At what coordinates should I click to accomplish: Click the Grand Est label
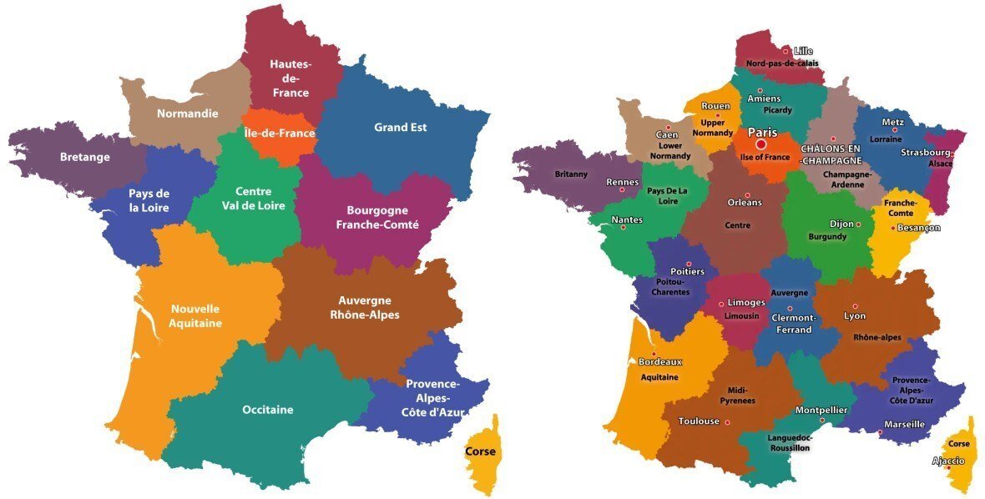click(400, 128)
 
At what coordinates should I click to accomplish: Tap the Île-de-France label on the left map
click(279, 133)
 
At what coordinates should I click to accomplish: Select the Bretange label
click(84, 157)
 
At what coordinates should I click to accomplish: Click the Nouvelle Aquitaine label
click(195, 315)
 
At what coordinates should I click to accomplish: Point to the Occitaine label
click(267, 410)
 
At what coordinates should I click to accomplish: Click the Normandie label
click(188, 113)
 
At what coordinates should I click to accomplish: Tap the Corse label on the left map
click(479, 451)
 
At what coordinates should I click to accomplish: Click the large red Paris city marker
click(760, 145)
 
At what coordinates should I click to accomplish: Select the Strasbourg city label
click(925, 153)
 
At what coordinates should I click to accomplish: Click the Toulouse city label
click(699, 421)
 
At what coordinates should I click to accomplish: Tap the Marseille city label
click(904, 424)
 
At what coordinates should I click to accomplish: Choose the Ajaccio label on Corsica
click(948, 461)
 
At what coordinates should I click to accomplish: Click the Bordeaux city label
click(660, 362)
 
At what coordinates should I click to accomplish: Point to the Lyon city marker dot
click(855, 306)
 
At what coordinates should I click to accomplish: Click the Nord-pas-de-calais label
click(782, 63)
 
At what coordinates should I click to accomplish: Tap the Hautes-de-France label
click(290, 78)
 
